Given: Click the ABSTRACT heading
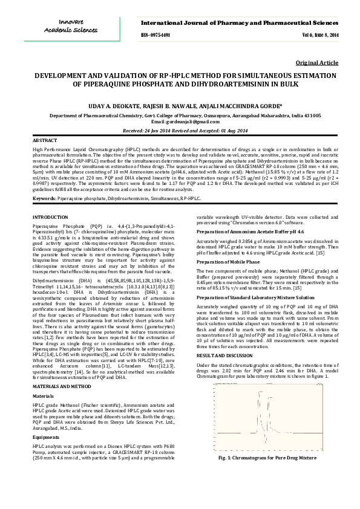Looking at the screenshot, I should click(44, 140).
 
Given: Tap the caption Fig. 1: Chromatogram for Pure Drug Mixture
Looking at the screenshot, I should click(267, 475).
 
